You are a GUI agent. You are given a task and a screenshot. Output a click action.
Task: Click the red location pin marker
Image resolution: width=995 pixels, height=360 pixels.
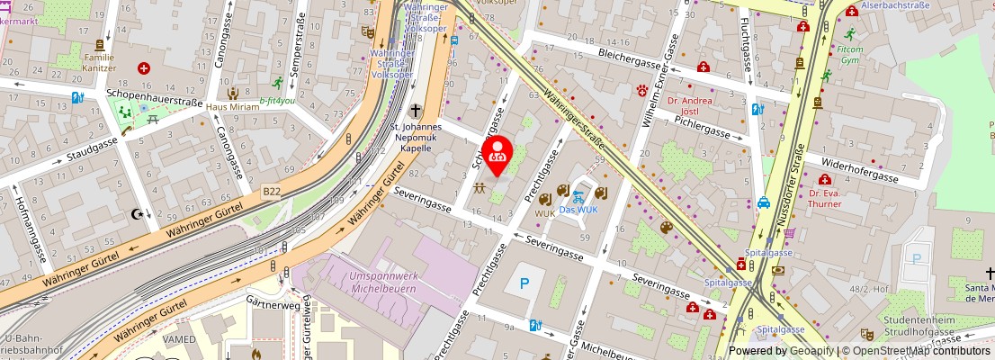(x=497, y=155)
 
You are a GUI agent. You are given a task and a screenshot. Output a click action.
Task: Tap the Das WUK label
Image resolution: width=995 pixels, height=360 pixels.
(x=578, y=210)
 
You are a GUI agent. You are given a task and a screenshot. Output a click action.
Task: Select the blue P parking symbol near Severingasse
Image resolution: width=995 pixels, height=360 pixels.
(x=524, y=284)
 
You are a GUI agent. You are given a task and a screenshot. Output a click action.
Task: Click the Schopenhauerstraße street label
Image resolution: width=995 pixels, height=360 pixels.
(x=154, y=92)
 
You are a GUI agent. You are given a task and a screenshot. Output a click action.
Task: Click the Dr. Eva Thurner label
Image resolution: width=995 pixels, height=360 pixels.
(x=824, y=198)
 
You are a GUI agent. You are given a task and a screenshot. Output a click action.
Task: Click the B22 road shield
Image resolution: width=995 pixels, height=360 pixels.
(x=271, y=191)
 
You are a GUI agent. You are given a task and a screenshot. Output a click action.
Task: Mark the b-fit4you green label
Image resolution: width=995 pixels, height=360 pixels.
(x=277, y=101)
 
